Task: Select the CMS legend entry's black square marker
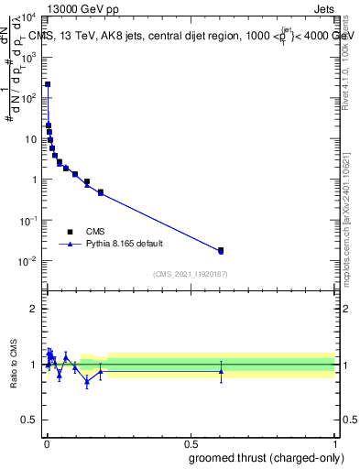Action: [70, 232]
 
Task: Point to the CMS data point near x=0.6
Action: [221, 250]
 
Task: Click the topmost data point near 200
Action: [48, 84]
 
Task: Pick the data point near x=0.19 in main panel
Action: [101, 192]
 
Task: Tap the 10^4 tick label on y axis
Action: [28, 16]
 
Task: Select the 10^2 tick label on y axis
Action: [28, 98]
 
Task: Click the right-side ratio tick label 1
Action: [344, 365]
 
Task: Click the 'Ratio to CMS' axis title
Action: [15, 364]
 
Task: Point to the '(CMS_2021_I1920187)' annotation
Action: [191, 275]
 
